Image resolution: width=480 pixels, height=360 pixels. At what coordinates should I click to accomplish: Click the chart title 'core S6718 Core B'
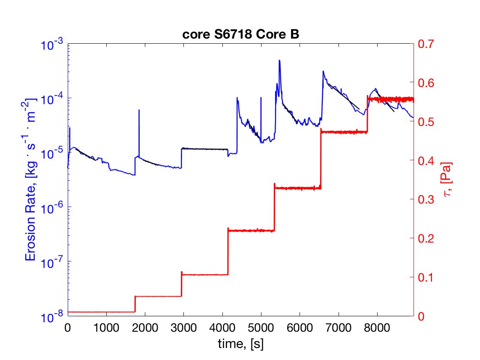pyautogui.click(x=240, y=35)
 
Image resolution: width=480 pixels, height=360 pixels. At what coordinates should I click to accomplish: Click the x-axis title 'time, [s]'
pyautogui.click(x=240, y=342)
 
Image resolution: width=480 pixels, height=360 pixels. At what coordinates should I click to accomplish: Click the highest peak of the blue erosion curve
pyautogui.click(x=279, y=61)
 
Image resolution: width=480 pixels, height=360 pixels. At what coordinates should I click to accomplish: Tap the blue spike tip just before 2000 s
pyautogui.click(x=139, y=111)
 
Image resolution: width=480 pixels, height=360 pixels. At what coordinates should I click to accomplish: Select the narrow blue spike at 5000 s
pyautogui.click(x=261, y=98)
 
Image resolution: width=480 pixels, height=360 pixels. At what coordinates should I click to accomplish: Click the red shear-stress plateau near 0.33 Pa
pyautogui.click(x=297, y=188)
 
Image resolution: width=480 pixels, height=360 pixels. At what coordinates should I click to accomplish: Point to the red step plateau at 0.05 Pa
pyautogui.click(x=158, y=296)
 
